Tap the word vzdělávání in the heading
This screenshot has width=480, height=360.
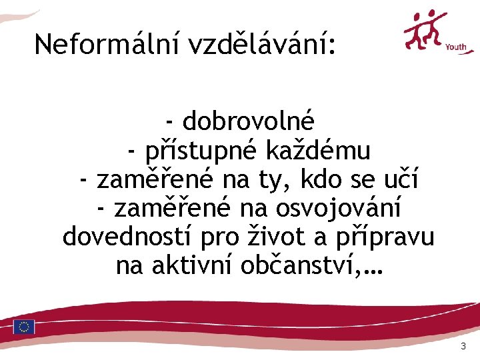(263, 45)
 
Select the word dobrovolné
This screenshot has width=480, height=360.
(248, 122)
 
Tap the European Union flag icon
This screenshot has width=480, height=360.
(24, 327)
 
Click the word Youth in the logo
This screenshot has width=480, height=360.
(455, 47)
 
